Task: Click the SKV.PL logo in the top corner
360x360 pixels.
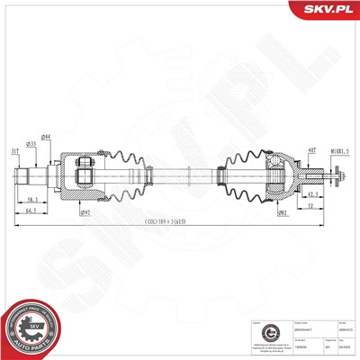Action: point(326,10)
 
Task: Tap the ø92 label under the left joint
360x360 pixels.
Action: point(85,213)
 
